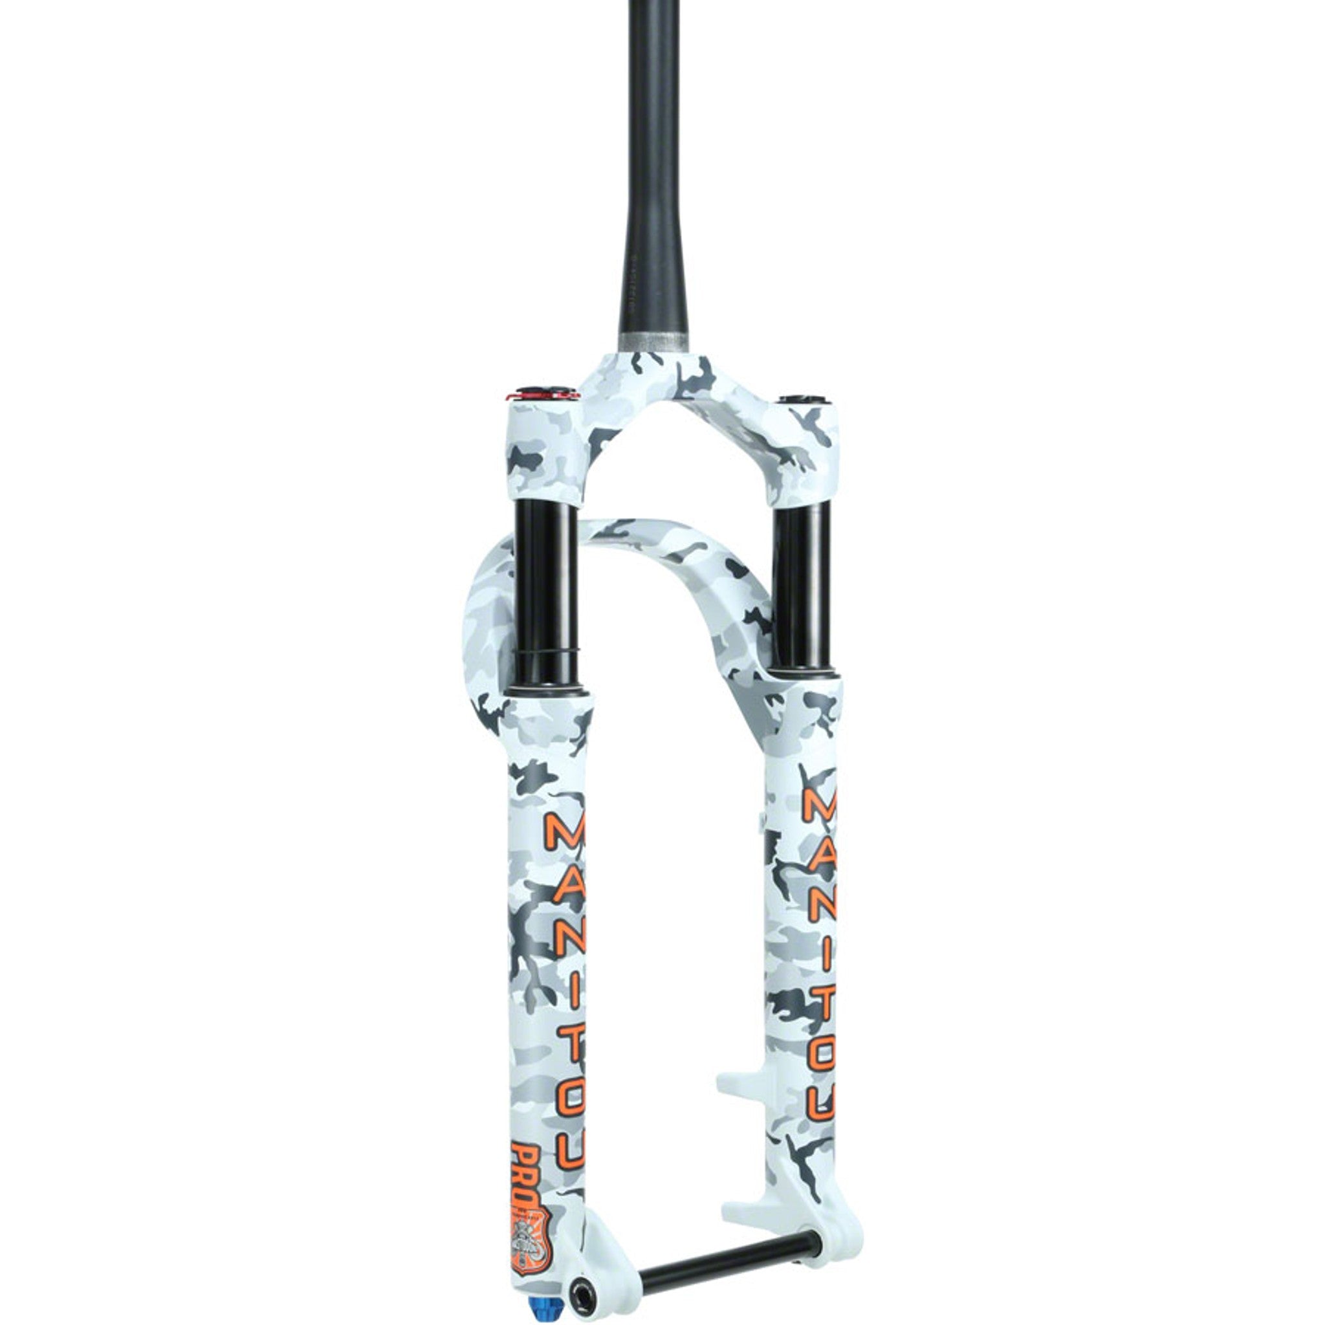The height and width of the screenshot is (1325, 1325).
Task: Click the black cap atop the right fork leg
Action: (804, 399)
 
